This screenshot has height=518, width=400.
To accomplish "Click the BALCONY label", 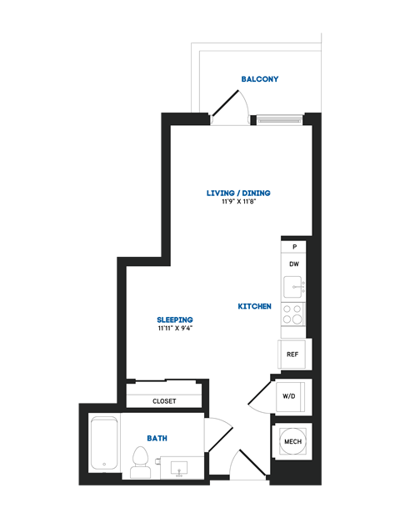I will pyautogui.click(x=259, y=79).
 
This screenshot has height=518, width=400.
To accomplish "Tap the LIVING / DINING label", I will pyautogui.click(x=238, y=193).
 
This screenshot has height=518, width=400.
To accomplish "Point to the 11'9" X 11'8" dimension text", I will pyautogui.click(x=238, y=202).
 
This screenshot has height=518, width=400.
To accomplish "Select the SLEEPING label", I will pyautogui.click(x=175, y=319).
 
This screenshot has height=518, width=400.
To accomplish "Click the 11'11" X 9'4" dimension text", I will pyautogui.click(x=175, y=329).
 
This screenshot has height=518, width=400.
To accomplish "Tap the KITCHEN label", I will pyautogui.click(x=254, y=306).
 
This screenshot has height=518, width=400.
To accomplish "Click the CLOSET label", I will pyautogui.click(x=164, y=401).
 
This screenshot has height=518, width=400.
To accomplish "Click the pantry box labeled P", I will pyautogui.click(x=293, y=248).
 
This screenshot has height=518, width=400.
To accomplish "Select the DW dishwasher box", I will pyautogui.click(x=293, y=264).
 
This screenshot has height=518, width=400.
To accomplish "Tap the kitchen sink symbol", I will pyautogui.click(x=293, y=288).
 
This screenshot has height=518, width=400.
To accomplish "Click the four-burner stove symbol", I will pyautogui.click(x=293, y=314).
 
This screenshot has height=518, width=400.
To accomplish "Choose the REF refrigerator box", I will pyautogui.click(x=292, y=354).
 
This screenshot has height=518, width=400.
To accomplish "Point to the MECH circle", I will pyautogui.click(x=292, y=440).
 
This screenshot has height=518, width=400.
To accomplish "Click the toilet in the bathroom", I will pyautogui.click(x=140, y=461).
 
